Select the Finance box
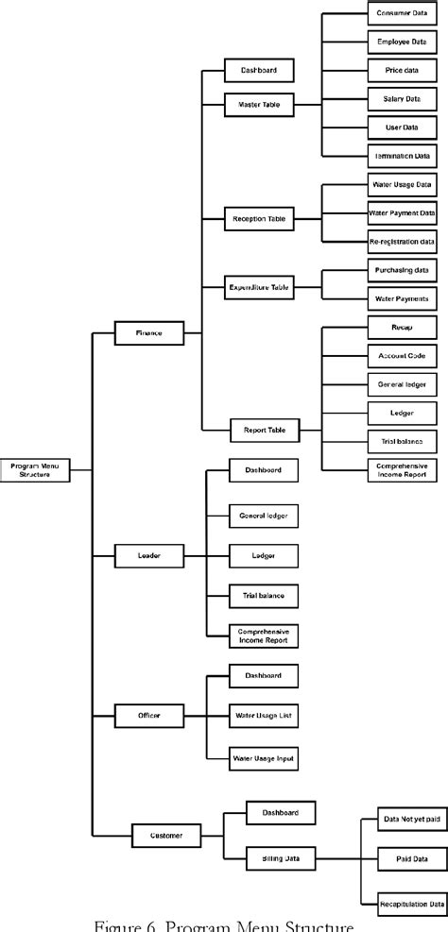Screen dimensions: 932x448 [148, 332]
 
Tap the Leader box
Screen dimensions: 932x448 [147, 557]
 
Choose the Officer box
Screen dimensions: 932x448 [147, 716]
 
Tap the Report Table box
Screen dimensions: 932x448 [264, 431]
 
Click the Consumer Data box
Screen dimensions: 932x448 [401, 14]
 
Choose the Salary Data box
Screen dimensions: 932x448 [401, 99]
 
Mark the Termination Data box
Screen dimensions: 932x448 [401, 155]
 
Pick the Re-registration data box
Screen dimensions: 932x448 [401, 242]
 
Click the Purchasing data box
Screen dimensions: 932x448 [401, 270]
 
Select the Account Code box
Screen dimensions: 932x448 [401, 355]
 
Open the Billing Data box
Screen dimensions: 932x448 [280, 858]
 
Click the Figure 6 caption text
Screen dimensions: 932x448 [223, 924]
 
